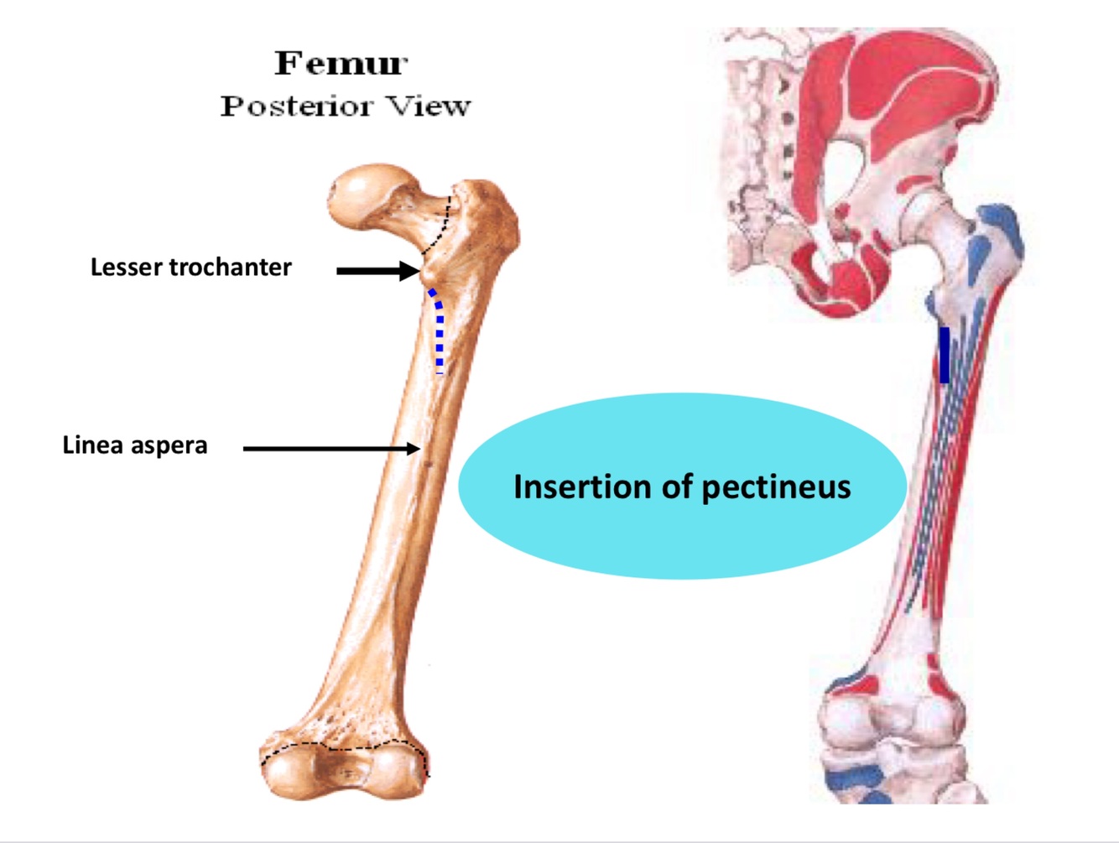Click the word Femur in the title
point(341,64)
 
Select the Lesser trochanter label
point(190,268)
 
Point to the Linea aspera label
point(135,445)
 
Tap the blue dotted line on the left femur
point(439,331)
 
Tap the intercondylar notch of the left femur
point(343,768)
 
